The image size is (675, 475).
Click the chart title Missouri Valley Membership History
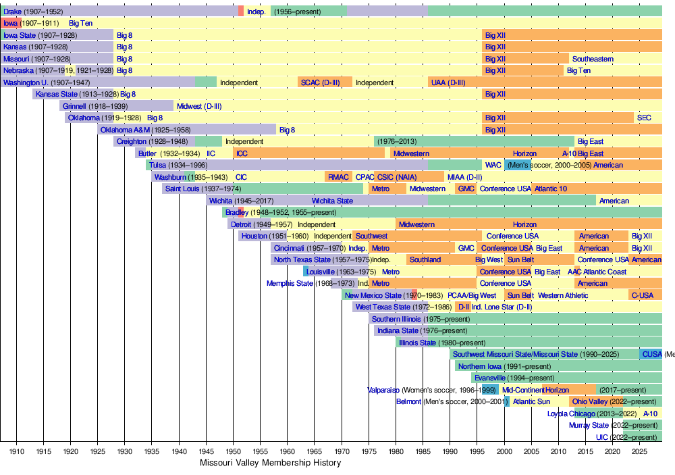tap(270, 463)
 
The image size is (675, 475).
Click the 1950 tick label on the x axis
tap(233, 451)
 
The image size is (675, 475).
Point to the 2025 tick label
tap(639, 451)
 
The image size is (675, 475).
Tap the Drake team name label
tap(12, 11)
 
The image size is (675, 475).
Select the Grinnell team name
tap(75, 106)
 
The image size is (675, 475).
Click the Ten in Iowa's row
tap(86, 24)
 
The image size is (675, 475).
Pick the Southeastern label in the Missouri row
tap(593, 59)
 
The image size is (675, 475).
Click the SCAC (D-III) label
tap(324, 82)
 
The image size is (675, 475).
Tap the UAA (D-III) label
tap(447, 82)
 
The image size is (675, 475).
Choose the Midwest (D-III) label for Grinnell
tap(199, 106)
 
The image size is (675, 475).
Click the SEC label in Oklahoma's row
tap(644, 118)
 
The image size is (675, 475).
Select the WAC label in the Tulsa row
tap(493, 165)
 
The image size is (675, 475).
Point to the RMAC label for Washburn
tap(337, 177)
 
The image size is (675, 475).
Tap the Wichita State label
tap(331, 201)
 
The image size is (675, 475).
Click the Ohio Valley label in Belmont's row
tap(589, 401)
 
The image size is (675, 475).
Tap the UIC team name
tap(601, 437)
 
